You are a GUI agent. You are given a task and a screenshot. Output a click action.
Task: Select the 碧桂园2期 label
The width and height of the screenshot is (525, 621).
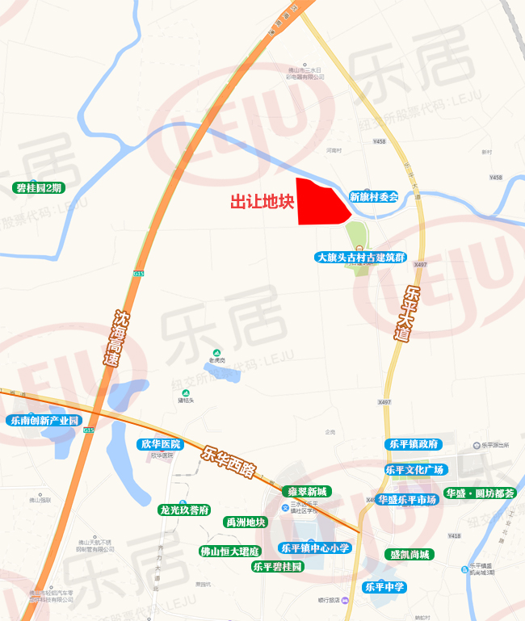point(39,188)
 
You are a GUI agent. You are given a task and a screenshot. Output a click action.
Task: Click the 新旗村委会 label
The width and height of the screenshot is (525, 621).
point(374,196)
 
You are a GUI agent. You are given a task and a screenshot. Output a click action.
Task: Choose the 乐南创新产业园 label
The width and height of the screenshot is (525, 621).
point(44,421)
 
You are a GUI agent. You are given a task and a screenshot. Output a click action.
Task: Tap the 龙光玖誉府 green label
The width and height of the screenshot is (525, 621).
point(184,510)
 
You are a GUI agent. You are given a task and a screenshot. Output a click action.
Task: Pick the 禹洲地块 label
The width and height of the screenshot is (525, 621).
point(245,522)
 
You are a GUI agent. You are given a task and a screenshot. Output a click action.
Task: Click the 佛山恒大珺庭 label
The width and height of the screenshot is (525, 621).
point(229,552)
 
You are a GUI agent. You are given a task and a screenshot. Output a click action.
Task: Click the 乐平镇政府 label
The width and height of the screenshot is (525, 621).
point(413,444)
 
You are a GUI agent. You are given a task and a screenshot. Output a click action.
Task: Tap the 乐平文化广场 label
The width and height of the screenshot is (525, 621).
point(414,470)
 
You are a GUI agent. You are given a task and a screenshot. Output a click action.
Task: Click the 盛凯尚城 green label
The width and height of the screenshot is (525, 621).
point(409,554)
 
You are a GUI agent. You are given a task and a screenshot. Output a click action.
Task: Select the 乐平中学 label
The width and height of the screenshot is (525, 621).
point(384,586)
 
